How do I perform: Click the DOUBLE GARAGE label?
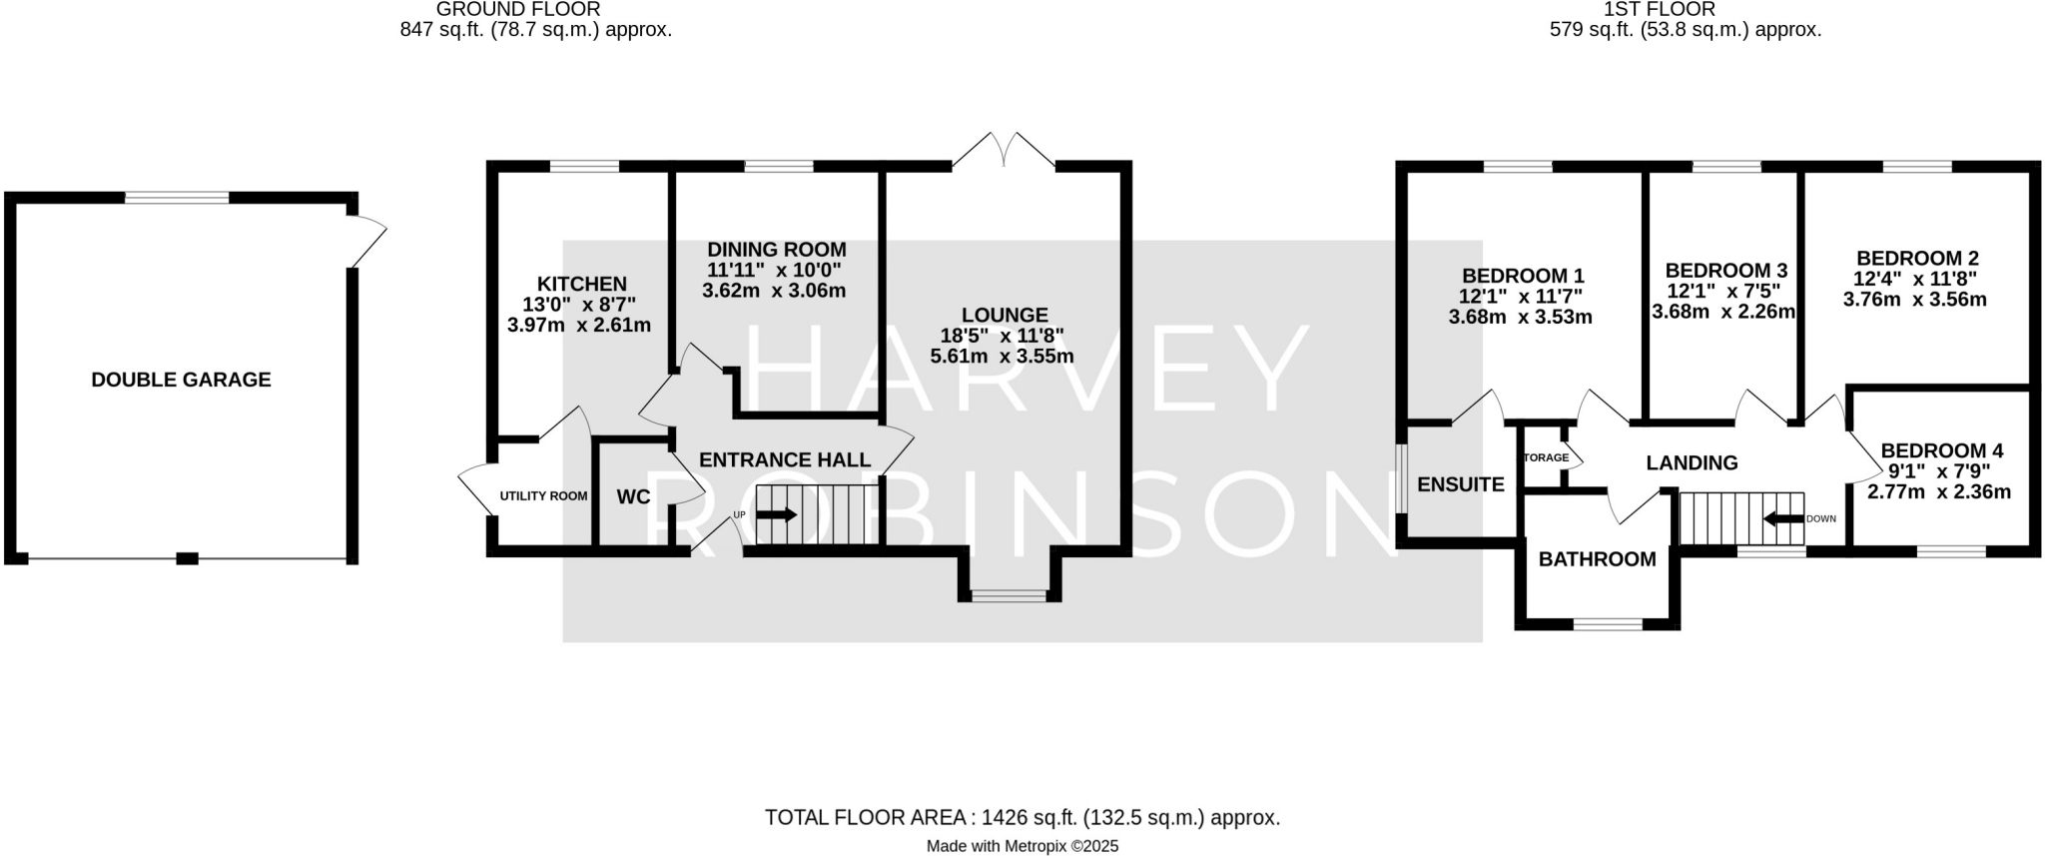pos(181,380)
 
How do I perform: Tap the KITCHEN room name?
pos(581,285)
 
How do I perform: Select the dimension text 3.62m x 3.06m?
pos(774,292)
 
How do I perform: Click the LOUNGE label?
pos(1005,316)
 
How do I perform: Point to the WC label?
pos(633,497)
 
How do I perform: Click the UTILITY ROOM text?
pos(543,496)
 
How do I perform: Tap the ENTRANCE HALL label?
pos(784,460)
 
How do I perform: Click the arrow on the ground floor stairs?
pos(777,515)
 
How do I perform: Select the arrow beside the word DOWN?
pos(1782,519)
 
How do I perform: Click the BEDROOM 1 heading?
pos(1523,276)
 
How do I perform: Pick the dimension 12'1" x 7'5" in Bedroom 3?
pos(1725,291)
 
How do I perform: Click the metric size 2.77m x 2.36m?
pos(1939,492)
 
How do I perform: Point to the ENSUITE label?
pos(1460,485)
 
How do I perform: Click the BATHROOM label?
pos(1597,560)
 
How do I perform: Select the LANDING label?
pos(1692,463)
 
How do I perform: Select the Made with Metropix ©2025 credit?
pos(1022,846)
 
